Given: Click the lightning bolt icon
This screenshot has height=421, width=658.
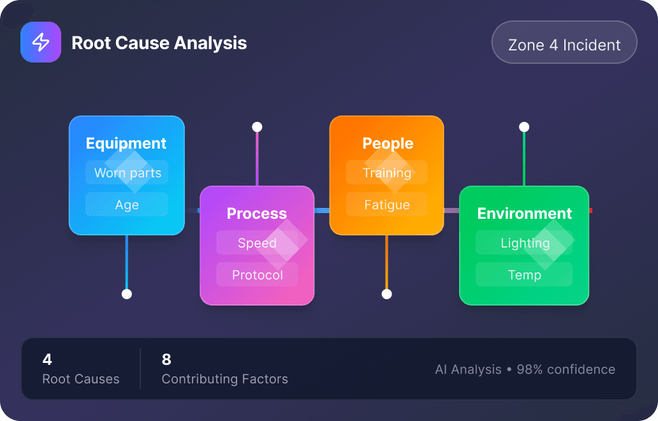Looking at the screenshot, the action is point(41,42).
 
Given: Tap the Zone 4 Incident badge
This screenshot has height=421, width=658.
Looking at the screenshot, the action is point(564,45).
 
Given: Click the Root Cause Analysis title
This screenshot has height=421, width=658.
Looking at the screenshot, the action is point(159,43).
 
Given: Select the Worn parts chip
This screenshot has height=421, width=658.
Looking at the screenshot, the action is point(127,173).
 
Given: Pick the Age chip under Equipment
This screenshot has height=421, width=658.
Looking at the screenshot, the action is point(127,205).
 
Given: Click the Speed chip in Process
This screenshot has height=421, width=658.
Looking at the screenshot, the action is point(257,243).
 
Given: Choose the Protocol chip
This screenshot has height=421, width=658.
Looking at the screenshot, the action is point(257,275).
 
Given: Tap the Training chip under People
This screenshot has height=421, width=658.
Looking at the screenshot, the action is point(386,173).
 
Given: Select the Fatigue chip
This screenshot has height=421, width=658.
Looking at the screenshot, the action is point(386,205).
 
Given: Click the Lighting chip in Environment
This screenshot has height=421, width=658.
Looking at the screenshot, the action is point(525,243).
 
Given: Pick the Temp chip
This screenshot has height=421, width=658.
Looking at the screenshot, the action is point(524,275).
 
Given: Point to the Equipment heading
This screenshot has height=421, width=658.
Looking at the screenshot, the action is point(126,144).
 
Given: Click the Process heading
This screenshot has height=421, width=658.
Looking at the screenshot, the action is point(257,214).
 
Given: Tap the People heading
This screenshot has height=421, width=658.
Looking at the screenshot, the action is point(388,144).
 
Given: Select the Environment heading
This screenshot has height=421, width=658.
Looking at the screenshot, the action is point(525,214).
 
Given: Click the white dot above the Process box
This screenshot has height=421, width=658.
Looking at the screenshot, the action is point(257,127).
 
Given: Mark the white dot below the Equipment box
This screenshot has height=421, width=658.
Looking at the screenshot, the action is point(127,294).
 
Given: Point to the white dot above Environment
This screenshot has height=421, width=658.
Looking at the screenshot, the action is point(524,127).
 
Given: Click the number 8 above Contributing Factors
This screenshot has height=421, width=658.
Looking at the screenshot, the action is point(166,360).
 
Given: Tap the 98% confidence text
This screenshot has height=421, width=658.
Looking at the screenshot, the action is point(566,369).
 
